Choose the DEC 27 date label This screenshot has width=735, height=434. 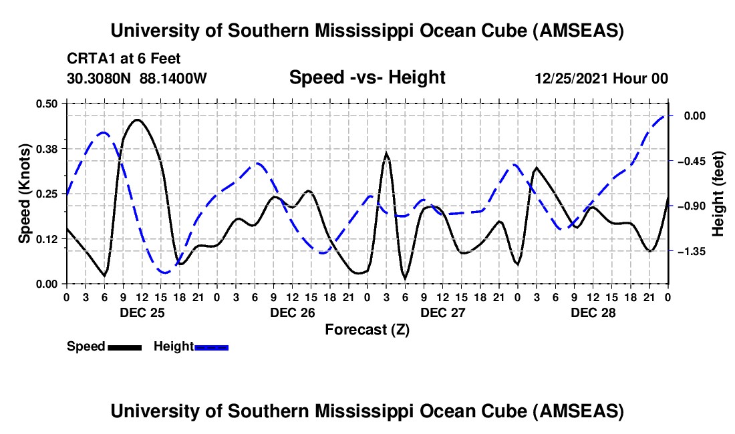point(442,312)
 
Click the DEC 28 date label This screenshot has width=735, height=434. point(592,312)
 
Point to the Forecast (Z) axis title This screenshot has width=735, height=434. point(367,329)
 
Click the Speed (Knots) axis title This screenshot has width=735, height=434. point(24,193)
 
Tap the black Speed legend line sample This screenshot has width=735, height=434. point(124,347)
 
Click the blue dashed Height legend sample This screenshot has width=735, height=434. point(212,347)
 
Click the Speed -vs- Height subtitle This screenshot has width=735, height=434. point(367,78)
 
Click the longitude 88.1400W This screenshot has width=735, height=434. point(174,78)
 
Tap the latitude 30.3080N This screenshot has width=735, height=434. point(100,78)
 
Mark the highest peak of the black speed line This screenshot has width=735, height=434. point(138,120)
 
